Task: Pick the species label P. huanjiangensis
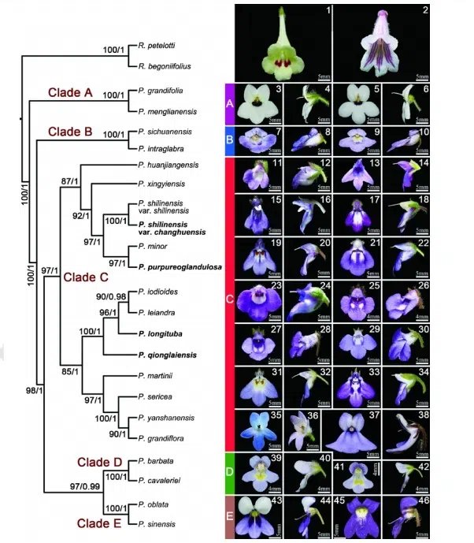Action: [167, 165]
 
